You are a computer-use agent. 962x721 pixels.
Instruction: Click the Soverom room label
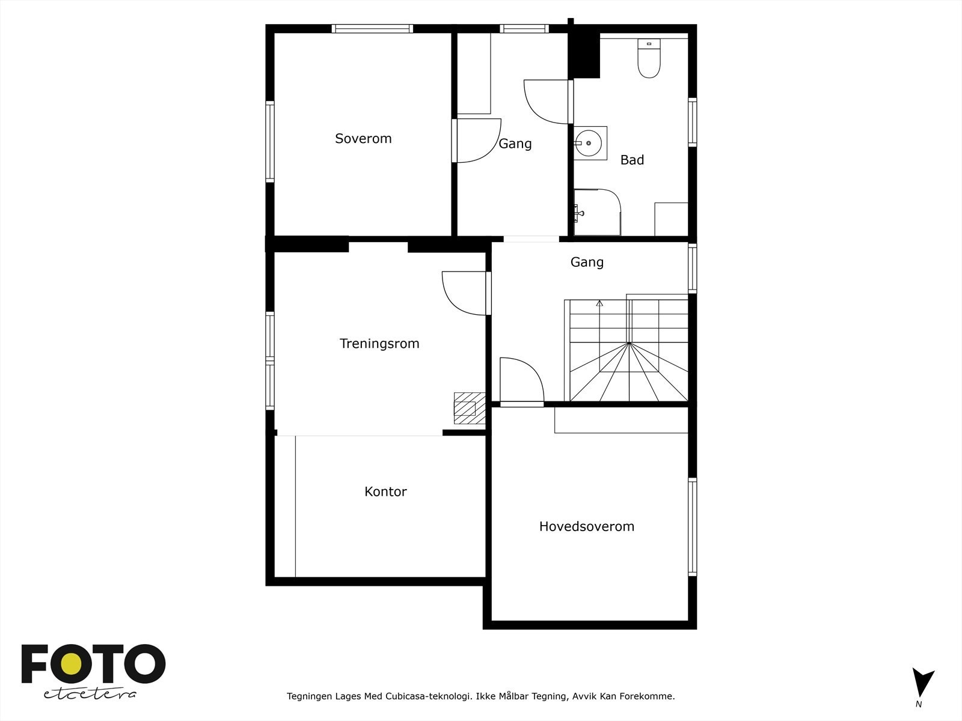[363, 139]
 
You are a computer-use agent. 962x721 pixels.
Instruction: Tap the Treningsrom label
[379, 344]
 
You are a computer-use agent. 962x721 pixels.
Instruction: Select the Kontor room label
[385, 491]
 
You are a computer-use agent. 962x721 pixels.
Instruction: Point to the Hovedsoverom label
[586, 526]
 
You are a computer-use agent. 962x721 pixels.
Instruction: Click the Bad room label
[632, 160]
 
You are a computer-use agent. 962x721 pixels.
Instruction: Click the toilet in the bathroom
[649, 59]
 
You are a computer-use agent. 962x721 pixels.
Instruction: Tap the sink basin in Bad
[589, 143]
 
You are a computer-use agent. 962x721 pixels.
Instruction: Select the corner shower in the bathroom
[596, 212]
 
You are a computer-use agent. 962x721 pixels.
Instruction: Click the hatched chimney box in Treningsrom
[465, 408]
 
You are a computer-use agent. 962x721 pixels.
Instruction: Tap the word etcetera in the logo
[90, 694]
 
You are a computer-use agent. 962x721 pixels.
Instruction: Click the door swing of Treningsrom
[464, 293]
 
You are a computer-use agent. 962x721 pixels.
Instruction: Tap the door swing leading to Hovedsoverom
[521, 380]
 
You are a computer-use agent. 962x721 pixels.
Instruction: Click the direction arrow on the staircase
[599, 303]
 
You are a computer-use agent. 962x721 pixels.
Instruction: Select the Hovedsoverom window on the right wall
[692, 527]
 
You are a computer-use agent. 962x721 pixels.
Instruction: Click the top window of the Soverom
[372, 28]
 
